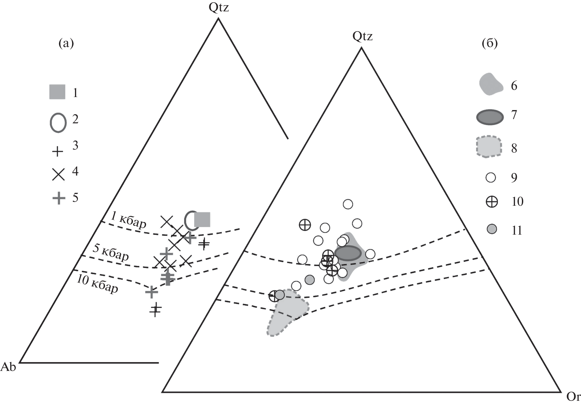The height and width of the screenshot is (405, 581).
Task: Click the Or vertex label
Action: click(x=573, y=396)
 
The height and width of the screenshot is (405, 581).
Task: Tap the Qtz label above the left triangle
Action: click(x=219, y=7)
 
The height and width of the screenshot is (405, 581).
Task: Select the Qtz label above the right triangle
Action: click(x=363, y=36)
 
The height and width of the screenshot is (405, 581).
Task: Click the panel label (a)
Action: click(x=66, y=43)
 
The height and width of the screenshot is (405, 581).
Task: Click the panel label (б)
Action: click(x=490, y=43)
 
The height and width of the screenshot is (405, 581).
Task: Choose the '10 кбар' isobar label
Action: click(x=97, y=283)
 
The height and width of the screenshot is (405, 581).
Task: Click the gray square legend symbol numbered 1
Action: click(x=57, y=92)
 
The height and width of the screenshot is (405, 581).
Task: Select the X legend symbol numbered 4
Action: click(x=58, y=175)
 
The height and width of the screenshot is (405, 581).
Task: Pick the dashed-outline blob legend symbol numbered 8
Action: click(x=489, y=147)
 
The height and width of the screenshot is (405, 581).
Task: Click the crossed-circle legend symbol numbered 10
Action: click(x=492, y=202)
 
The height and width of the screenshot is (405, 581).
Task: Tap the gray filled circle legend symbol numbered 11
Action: click(x=492, y=230)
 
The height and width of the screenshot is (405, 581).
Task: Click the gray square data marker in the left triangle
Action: click(x=202, y=219)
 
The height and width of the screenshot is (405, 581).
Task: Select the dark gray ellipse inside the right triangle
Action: click(x=348, y=253)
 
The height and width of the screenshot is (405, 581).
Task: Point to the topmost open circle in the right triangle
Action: click(x=348, y=204)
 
